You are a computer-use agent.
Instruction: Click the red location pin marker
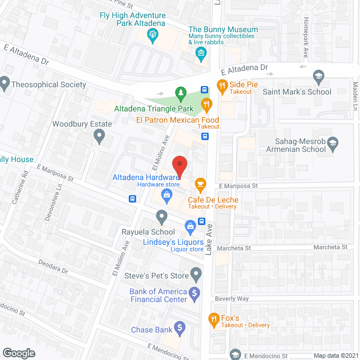click(179, 166)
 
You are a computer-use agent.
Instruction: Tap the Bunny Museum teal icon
click(201, 53)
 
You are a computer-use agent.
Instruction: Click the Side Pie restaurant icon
click(221, 87)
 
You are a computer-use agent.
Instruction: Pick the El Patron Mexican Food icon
click(208, 103)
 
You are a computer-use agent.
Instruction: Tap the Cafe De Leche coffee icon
click(200, 183)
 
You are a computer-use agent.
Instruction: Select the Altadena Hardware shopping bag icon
click(166, 195)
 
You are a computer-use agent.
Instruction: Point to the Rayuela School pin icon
click(162, 216)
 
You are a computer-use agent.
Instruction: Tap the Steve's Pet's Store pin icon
click(196, 274)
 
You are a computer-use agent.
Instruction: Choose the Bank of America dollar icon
click(194, 292)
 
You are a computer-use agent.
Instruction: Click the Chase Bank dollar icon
click(179, 327)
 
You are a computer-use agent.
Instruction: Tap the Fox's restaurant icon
click(214, 319)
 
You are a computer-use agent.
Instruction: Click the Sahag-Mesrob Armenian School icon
click(332, 143)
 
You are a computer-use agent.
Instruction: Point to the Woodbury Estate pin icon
click(99, 135)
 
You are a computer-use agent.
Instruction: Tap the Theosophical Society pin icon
click(5, 84)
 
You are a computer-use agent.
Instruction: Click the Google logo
click(18, 353)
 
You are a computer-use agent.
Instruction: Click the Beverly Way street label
click(231, 299)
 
